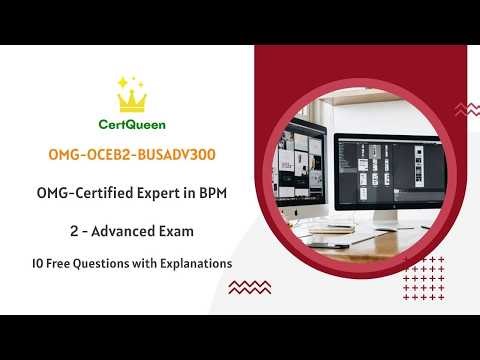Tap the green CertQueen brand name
point(132,126)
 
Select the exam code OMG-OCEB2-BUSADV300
point(132,156)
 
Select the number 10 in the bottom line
point(38,263)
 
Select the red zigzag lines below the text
point(249,288)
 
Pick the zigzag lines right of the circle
point(466,108)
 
